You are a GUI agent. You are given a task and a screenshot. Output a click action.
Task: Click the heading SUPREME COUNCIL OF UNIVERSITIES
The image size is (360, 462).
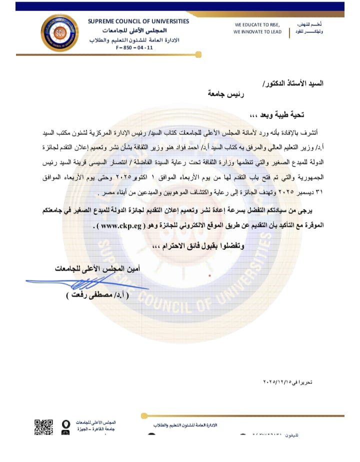(138, 21)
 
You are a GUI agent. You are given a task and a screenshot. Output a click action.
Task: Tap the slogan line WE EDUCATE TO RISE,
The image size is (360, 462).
(257, 24)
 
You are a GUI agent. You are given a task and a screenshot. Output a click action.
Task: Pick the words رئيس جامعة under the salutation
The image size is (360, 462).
(228, 93)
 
